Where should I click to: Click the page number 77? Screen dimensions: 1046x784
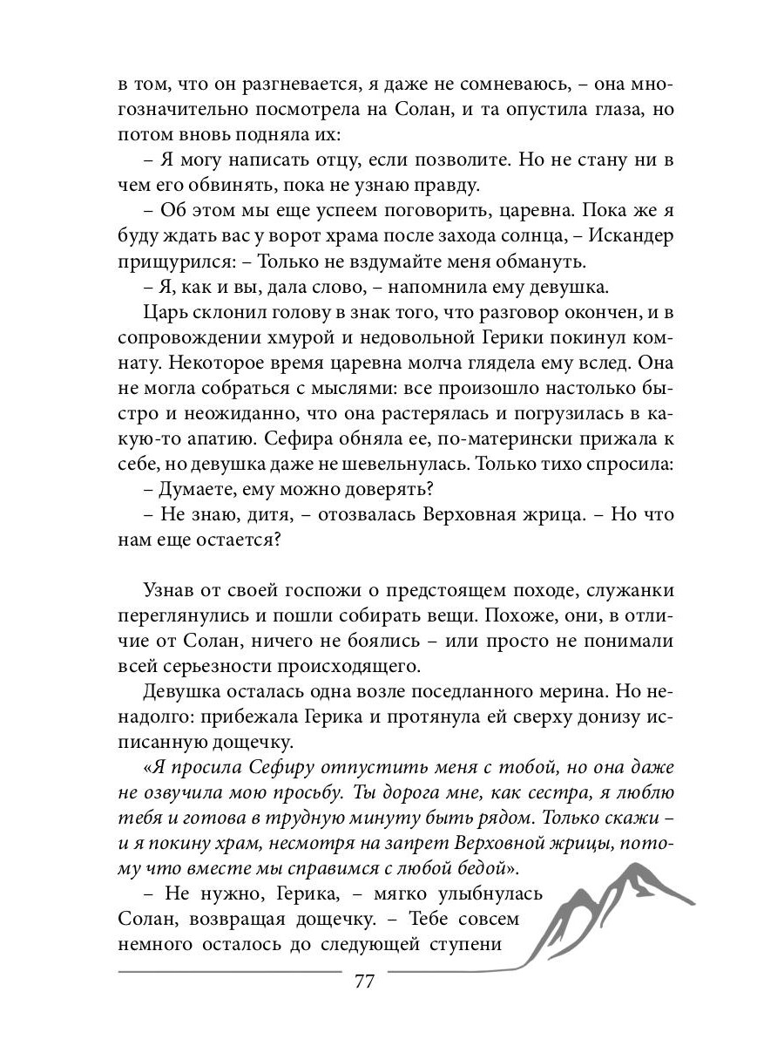[x=364, y=981]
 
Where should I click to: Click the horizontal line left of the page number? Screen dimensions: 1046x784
[x=226, y=970]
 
